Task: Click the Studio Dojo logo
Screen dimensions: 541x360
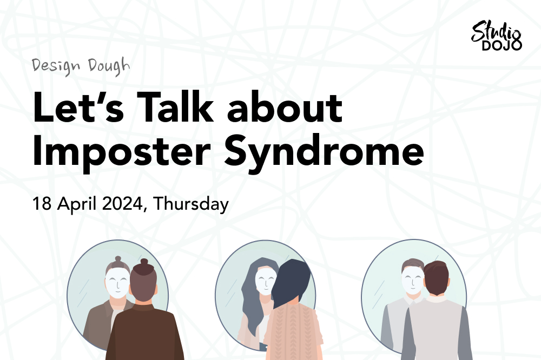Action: click(x=496, y=36)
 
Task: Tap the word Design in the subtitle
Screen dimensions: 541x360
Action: click(x=56, y=66)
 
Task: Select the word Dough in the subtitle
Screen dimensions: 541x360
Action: click(x=109, y=66)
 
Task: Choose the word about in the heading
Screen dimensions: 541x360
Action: click(x=285, y=107)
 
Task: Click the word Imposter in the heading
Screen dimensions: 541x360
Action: click(x=121, y=152)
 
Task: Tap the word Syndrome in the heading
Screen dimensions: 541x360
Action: click(x=324, y=152)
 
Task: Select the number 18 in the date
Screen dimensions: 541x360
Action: click(x=42, y=203)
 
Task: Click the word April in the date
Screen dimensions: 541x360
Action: click(x=77, y=204)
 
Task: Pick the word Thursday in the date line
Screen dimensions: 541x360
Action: click(x=191, y=204)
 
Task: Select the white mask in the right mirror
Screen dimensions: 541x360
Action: click(x=412, y=279)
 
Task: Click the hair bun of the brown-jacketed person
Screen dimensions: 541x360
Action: click(x=144, y=263)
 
